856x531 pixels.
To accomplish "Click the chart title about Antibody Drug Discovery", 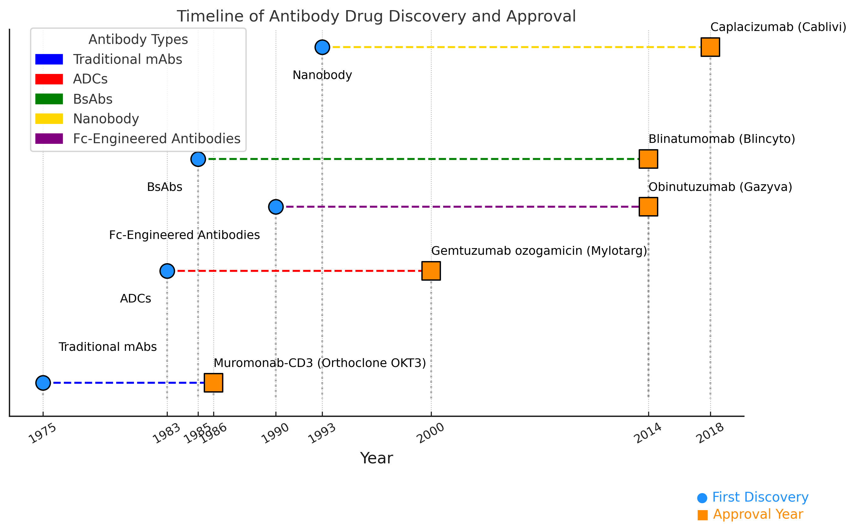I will tap(376, 16).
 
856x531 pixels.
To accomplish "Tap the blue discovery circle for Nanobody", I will tap(322, 47).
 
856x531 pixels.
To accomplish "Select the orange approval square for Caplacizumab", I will tap(710, 47).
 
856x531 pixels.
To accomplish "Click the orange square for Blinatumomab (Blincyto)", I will tap(648, 159).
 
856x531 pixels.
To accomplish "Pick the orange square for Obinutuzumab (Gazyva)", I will tap(648, 207).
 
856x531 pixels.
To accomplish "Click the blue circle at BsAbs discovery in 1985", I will tap(198, 159).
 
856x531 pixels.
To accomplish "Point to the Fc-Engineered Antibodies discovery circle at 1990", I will tap(275, 207).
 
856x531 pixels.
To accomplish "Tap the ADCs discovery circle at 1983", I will tap(167, 271).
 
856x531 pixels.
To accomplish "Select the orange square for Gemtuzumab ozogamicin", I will tap(431, 271).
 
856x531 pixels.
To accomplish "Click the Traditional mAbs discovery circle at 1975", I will tap(43, 383).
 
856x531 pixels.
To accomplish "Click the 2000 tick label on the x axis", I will tap(430, 433).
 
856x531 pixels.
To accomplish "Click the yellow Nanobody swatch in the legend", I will tap(49, 119).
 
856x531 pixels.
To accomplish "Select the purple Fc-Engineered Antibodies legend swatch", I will tap(49, 139).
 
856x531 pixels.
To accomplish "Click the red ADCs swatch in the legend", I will tap(49, 79).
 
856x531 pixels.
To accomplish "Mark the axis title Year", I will tap(376, 458).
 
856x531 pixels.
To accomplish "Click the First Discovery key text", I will tap(760, 497).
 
